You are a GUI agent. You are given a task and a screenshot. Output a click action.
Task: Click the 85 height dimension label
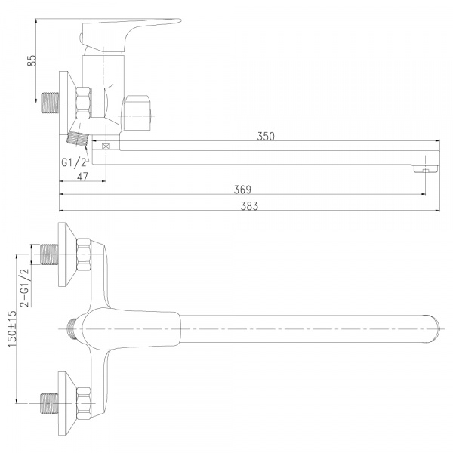[x=32, y=60]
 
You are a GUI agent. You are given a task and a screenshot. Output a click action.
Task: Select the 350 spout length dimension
[x=266, y=137]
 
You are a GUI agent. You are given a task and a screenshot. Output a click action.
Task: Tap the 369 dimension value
[x=242, y=190]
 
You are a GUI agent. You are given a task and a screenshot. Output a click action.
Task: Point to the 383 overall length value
[x=249, y=206]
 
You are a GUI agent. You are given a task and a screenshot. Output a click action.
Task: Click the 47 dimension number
[x=82, y=177]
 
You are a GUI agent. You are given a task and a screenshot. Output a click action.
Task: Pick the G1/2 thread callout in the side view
[x=74, y=162]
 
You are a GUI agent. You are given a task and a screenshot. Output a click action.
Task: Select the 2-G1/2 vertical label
[x=25, y=287]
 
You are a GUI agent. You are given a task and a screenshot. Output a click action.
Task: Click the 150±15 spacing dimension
[x=12, y=329]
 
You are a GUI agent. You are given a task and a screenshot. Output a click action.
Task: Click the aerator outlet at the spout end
[x=426, y=169]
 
